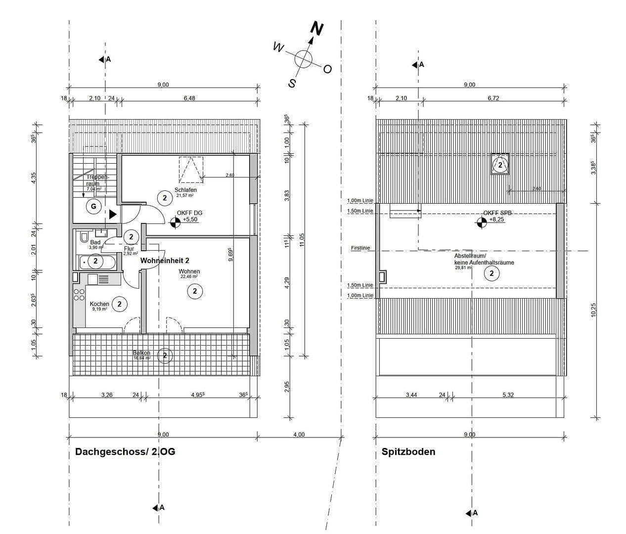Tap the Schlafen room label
tap(185, 190)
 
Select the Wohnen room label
tap(189, 271)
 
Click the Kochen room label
tap(99, 304)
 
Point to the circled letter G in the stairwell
tap(93, 206)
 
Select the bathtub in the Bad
tap(97, 262)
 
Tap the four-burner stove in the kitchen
tap(79, 295)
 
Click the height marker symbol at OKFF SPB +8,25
tap(481, 223)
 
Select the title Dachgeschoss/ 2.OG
tap(125, 451)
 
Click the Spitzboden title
tap(408, 451)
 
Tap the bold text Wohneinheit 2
tap(165, 260)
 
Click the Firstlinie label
tap(360, 248)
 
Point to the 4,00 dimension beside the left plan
tap(299, 435)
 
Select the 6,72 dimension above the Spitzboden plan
tap(493, 98)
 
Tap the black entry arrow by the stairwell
tap(113, 214)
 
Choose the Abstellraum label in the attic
tap(470, 256)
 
